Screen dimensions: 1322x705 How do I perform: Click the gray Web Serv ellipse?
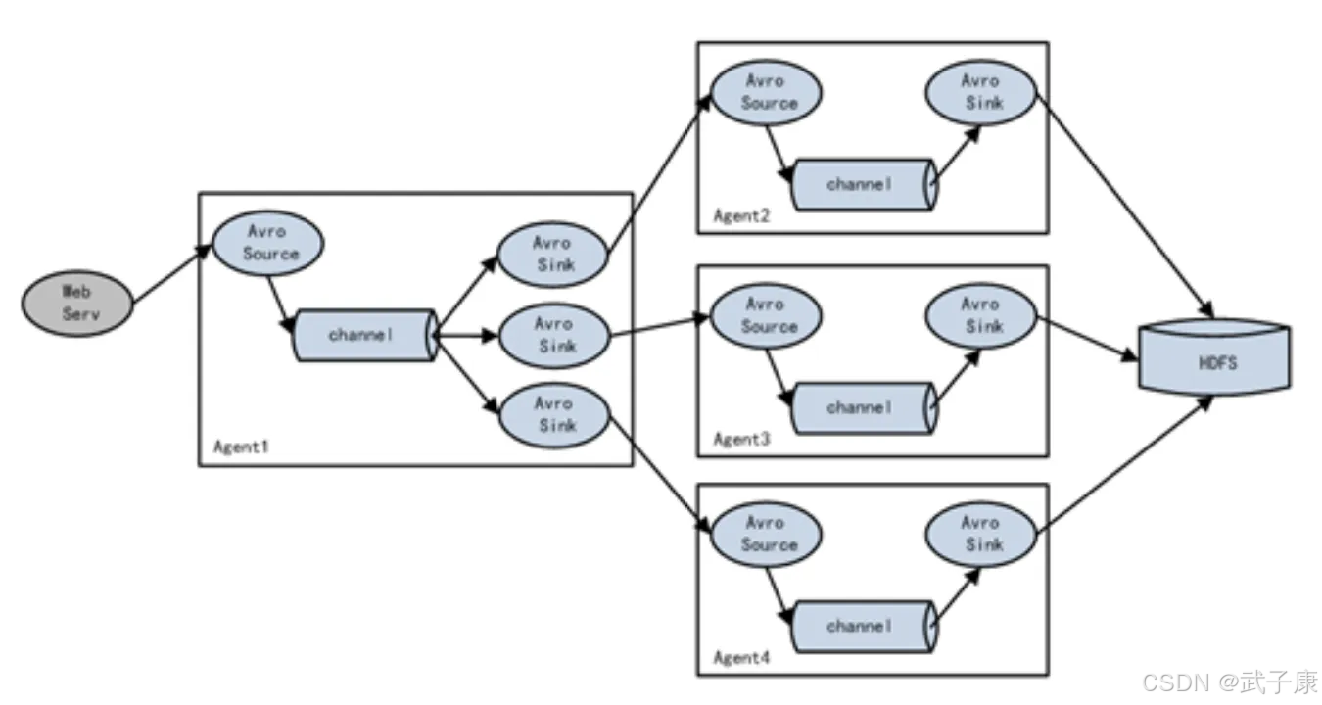click(x=77, y=304)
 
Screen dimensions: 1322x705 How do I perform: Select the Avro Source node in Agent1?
click(x=268, y=243)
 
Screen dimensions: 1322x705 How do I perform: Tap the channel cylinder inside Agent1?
click(x=366, y=335)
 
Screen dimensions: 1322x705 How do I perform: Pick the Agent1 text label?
click(x=241, y=446)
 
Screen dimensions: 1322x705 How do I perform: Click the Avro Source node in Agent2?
click(x=766, y=93)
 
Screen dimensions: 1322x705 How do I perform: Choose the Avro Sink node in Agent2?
click(x=981, y=93)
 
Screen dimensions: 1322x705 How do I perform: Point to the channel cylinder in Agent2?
click(x=865, y=185)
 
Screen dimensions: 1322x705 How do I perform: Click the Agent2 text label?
click(x=742, y=216)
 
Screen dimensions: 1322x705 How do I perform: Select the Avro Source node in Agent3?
click(x=766, y=316)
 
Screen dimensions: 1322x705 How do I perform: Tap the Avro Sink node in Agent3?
click(x=981, y=316)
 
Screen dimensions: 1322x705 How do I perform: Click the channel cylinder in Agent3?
click(x=865, y=408)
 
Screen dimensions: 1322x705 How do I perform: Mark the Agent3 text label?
click(x=742, y=439)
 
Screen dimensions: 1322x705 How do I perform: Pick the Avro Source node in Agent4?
click(x=766, y=535)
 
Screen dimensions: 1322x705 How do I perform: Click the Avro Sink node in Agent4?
click(x=981, y=535)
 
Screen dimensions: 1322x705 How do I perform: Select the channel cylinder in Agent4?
click(x=865, y=627)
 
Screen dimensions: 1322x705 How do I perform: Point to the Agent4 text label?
click(x=742, y=657)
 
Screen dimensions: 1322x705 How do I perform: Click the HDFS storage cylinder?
click(x=1214, y=357)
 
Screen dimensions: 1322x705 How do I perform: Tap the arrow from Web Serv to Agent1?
click(x=172, y=274)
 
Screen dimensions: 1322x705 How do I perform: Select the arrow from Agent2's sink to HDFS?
click(x=1125, y=207)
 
